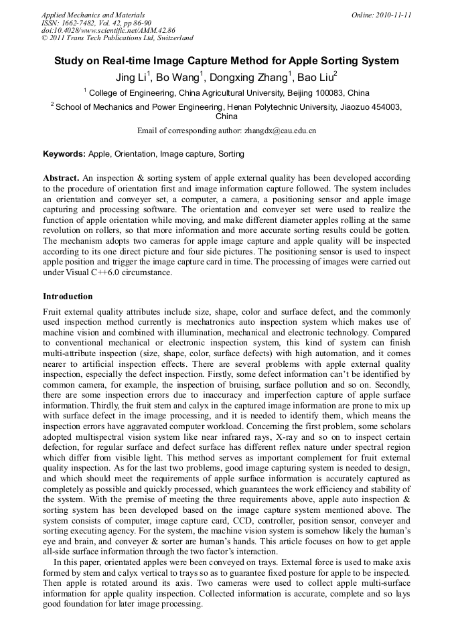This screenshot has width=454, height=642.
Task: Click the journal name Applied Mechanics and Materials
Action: pos(93,15)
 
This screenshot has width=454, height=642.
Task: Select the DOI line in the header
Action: pos(108,31)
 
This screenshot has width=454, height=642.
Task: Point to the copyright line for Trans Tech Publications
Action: pos(117,39)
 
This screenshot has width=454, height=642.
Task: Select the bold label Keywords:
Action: pos(64,154)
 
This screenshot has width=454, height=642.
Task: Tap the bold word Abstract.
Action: pos(61,179)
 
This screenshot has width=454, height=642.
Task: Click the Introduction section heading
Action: pos(68,297)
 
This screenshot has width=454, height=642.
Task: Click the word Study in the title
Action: pos(70,61)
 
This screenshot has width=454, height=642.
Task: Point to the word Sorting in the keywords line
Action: pos(231,154)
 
